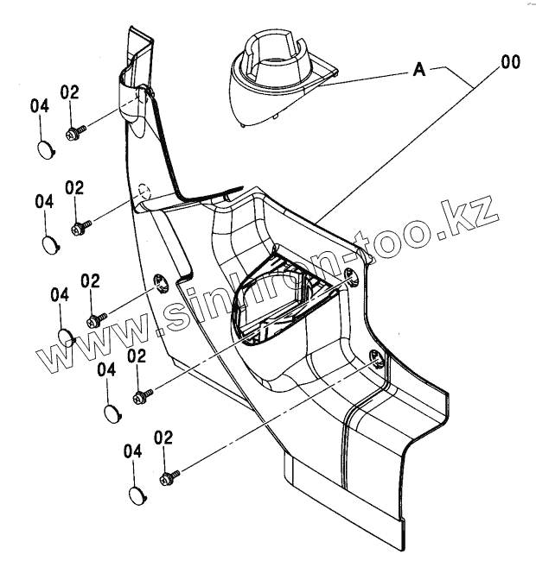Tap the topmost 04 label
(40, 106)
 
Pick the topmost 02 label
(70, 91)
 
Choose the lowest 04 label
(132, 451)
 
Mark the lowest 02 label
(163, 438)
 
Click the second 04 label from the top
(45, 200)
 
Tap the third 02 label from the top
(91, 280)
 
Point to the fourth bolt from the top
(144, 396)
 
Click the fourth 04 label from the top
(106, 369)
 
